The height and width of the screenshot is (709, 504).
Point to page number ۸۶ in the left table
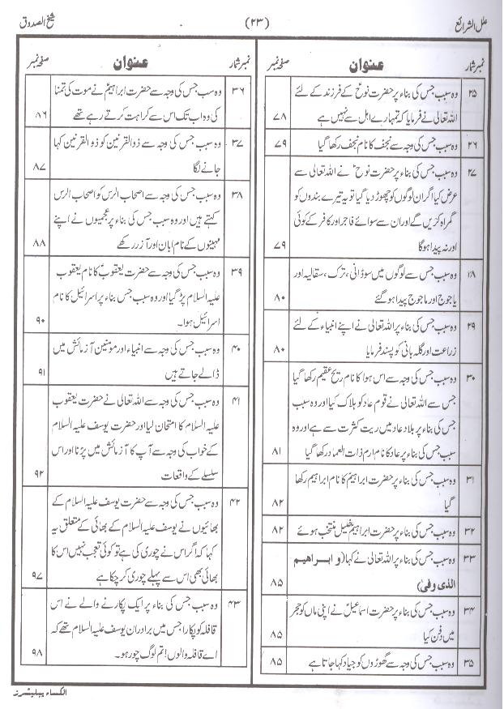(37, 117)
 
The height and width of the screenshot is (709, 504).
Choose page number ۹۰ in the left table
(37, 321)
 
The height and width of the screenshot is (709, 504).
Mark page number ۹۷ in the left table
(37, 574)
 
